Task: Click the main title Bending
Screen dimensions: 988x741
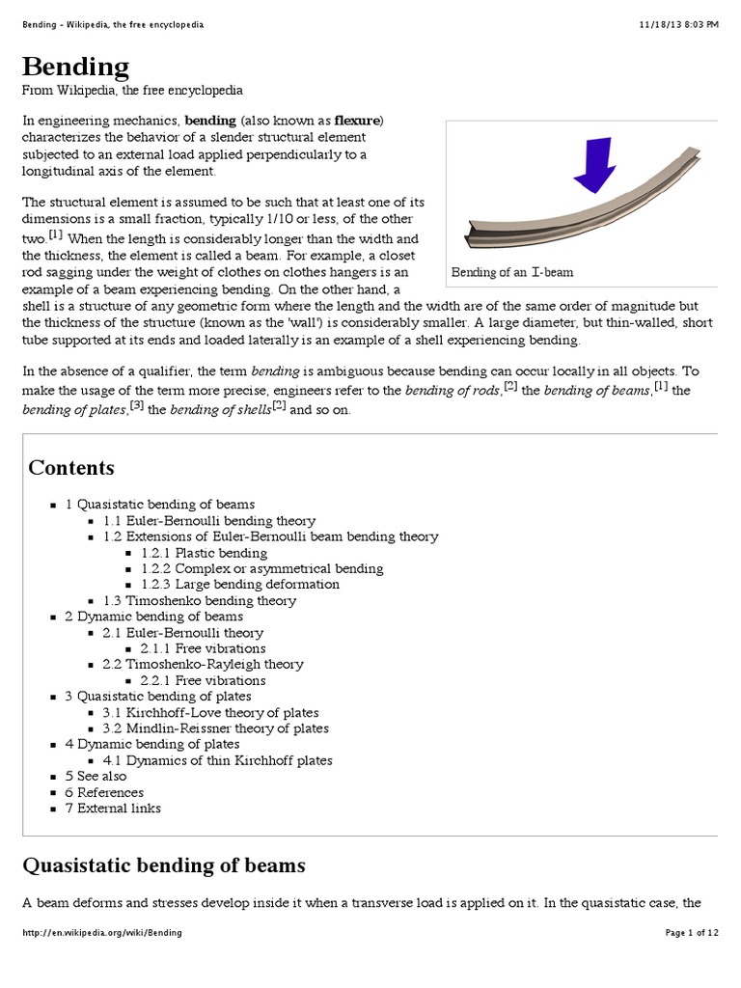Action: coord(75,67)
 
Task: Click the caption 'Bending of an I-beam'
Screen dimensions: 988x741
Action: coord(512,272)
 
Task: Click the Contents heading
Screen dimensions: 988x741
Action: coord(71,468)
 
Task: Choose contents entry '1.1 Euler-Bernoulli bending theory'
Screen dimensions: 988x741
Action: coord(209,520)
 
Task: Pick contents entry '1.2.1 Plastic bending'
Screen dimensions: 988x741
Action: coord(204,553)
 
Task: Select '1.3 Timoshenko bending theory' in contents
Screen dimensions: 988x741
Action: coord(200,600)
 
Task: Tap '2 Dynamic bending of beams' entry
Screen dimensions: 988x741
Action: coord(153,617)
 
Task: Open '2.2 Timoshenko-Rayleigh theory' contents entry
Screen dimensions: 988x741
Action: coord(203,664)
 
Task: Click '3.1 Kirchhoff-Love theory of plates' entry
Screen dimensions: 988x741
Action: coord(210,712)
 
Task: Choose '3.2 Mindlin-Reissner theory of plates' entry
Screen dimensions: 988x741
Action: coord(215,728)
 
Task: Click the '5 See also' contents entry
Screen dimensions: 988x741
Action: coord(96,776)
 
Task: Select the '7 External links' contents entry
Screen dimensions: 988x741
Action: coord(113,808)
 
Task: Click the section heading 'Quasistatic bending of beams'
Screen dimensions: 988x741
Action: coord(164,864)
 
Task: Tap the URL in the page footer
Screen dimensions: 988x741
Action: coord(101,933)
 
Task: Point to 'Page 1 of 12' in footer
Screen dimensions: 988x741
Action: coord(692,933)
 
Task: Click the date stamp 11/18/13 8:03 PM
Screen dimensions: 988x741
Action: coord(678,24)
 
